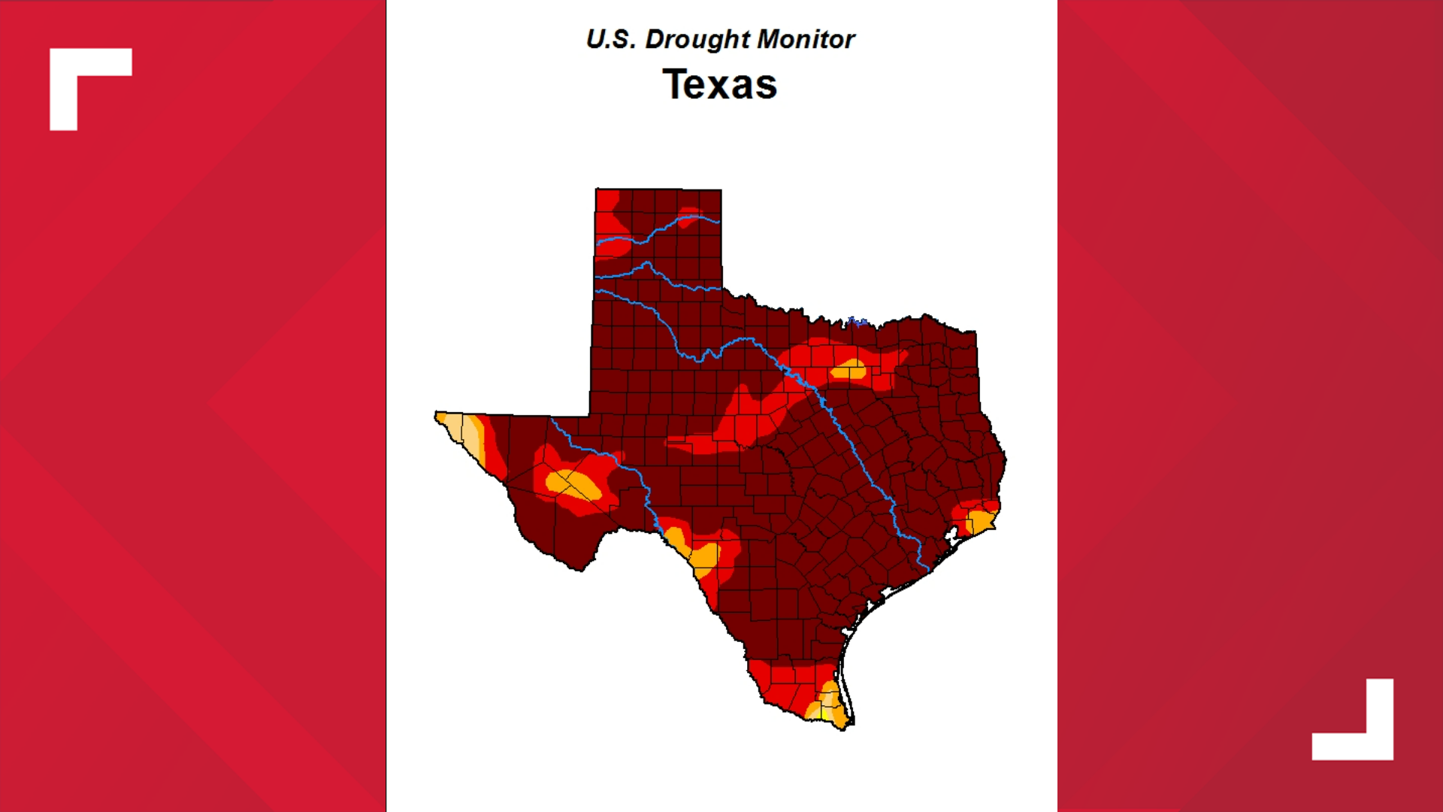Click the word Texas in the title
[719, 84]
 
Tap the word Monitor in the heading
[806, 39]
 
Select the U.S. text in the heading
[611, 39]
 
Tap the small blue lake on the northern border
[857, 323]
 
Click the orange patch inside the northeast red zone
[849, 370]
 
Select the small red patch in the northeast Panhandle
[688, 215]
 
